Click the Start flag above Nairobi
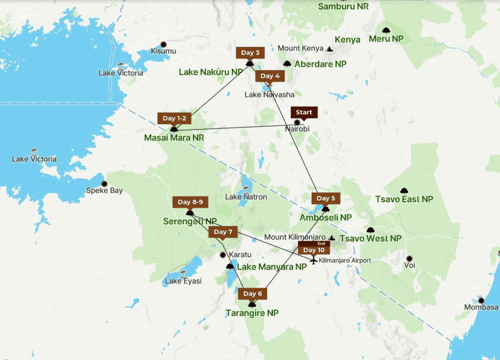tap(304, 112)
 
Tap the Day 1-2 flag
tap(174, 118)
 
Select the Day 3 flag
tap(250, 53)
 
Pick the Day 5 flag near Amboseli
tap(326, 198)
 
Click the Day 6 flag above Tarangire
tap(252, 294)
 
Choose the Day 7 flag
tap(222, 232)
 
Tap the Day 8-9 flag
tap(190, 202)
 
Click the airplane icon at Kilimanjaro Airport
tap(313, 260)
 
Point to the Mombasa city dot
tap(481, 300)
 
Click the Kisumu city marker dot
tap(163, 44)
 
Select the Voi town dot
tap(409, 259)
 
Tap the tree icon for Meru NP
tap(386, 30)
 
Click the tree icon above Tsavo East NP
tap(404, 191)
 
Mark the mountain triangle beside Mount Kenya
tap(330, 49)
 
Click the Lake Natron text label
tap(246, 197)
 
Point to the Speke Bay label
tap(104, 190)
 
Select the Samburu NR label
tap(344, 6)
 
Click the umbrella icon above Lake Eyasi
tap(183, 272)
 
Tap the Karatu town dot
tap(222, 254)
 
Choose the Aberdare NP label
tap(320, 64)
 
